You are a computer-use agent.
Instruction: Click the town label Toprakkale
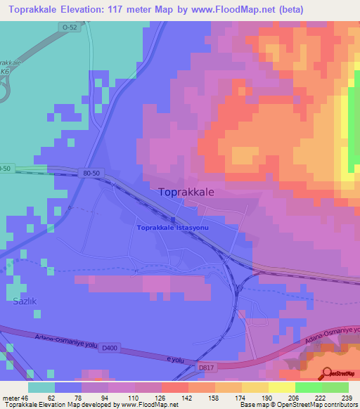click(x=186, y=191)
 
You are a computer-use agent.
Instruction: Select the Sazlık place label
click(x=24, y=301)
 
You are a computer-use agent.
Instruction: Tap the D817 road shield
click(x=205, y=366)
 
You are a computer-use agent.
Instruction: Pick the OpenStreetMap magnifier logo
click(x=326, y=372)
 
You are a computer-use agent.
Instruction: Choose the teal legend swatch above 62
click(x=41, y=387)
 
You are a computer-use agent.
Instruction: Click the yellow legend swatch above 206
click(x=281, y=387)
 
